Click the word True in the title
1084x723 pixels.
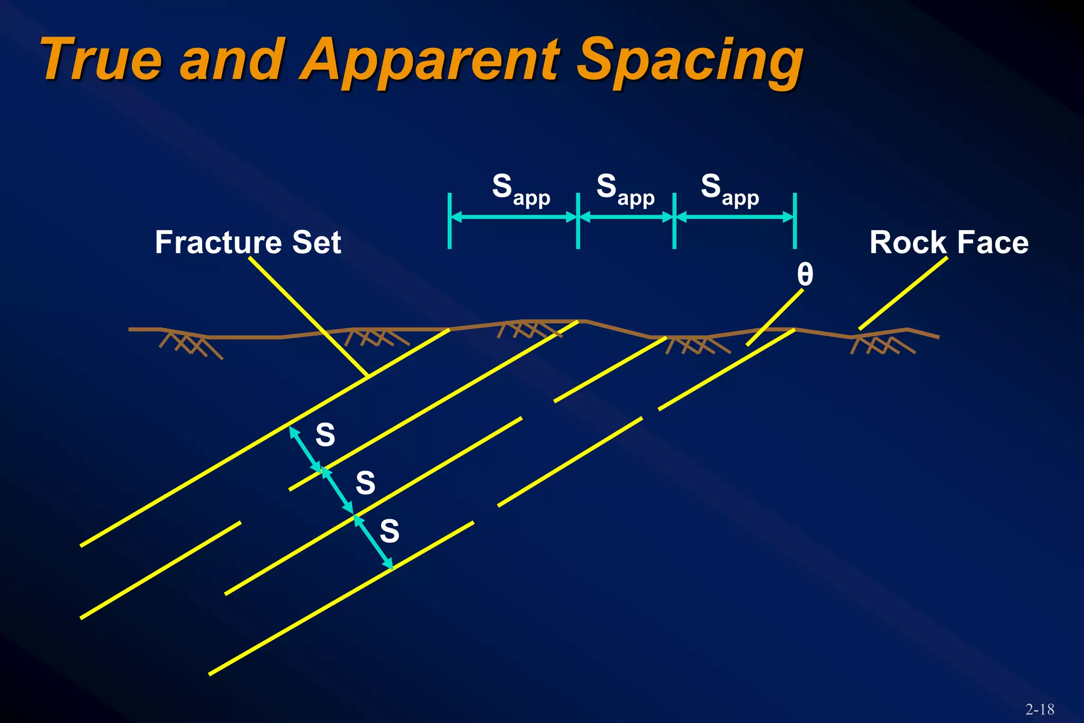(x=101, y=59)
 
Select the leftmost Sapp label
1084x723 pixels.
(x=521, y=189)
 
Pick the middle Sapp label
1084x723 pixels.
(x=625, y=189)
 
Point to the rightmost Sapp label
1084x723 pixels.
(x=730, y=189)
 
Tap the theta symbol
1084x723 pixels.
(x=805, y=275)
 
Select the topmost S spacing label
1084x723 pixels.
(x=325, y=435)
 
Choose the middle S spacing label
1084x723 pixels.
(x=365, y=483)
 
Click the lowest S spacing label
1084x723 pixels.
(x=390, y=531)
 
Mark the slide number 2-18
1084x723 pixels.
(x=1040, y=709)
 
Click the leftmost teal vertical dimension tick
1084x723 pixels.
(x=449, y=221)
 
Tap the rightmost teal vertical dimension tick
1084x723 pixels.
(x=794, y=221)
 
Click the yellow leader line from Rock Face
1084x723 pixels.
(x=903, y=293)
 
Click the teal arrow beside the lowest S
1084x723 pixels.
(x=373, y=542)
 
